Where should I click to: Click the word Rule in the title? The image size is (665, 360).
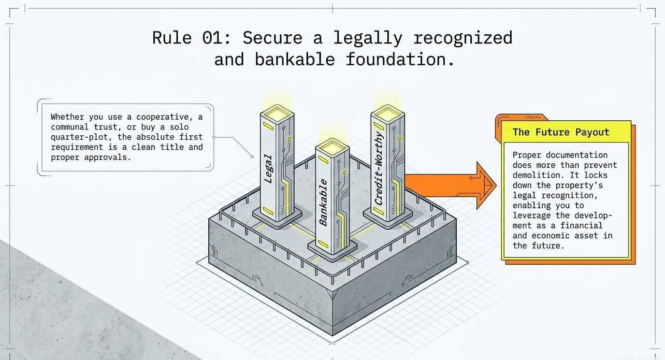point(172,38)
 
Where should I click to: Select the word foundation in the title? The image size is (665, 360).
point(400,59)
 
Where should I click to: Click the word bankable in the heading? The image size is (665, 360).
point(295,59)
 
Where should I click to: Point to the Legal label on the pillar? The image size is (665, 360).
point(268,169)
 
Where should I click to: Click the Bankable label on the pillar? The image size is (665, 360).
point(323,202)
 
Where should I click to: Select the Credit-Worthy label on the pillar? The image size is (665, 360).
point(379,169)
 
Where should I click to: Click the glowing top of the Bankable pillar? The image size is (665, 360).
point(332,147)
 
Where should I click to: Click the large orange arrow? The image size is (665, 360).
point(450,186)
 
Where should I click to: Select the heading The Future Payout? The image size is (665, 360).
point(561,132)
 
